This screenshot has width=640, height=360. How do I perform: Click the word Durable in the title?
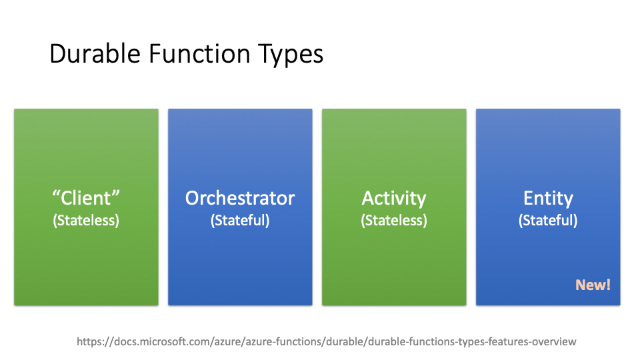pyautogui.click(x=95, y=54)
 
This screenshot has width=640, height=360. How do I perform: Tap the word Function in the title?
pyautogui.click(x=199, y=54)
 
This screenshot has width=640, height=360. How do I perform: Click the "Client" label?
pyautogui.click(x=86, y=198)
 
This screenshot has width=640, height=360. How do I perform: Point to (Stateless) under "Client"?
pyautogui.click(x=86, y=221)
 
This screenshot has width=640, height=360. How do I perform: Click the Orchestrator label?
pyautogui.click(x=240, y=198)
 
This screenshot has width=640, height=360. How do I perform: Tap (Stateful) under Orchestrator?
pyautogui.click(x=240, y=221)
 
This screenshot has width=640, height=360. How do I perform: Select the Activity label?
pyautogui.click(x=394, y=199)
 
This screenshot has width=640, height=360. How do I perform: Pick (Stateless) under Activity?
pyautogui.click(x=394, y=221)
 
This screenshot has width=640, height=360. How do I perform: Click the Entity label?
pyautogui.click(x=548, y=199)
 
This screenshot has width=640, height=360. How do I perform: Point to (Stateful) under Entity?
pyautogui.click(x=548, y=221)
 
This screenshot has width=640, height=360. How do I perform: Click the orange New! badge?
pyautogui.click(x=593, y=285)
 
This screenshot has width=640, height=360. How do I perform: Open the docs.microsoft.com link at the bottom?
pyautogui.click(x=327, y=341)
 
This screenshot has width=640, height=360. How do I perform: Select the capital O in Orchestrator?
pyautogui.click(x=193, y=198)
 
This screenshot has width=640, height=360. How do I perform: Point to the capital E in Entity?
pyautogui.click(x=529, y=198)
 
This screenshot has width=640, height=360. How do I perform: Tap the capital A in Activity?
pyautogui.click(x=369, y=198)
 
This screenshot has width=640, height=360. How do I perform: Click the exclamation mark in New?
pyautogui.click(x=609, y=285)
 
